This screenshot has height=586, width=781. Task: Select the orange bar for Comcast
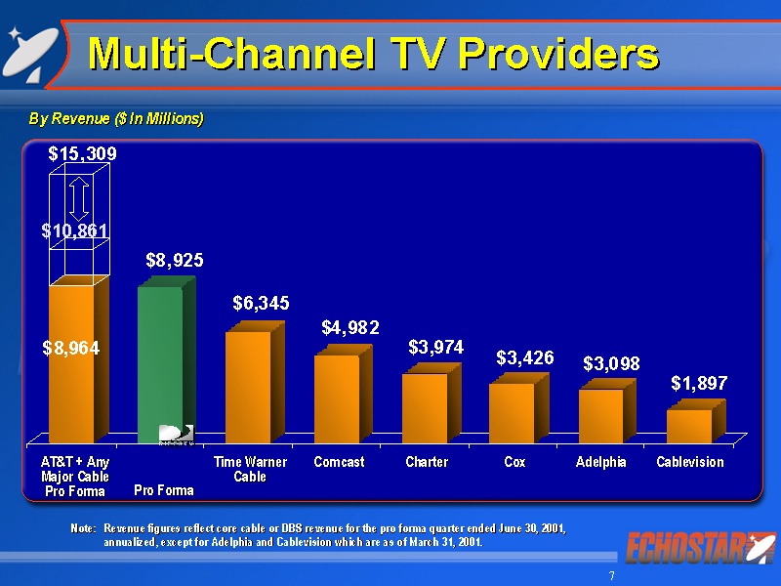tap(337, 398)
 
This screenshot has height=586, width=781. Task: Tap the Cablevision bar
tap(689, 426)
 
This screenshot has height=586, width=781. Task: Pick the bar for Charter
tap(425, 407)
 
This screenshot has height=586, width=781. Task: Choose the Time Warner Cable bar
tap(248, 386)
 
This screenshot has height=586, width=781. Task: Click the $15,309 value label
tap(83, 153)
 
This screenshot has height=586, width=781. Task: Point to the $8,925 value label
tap(175, 260)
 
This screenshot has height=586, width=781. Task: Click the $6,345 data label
tap(261, 304)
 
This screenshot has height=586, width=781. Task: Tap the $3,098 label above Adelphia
tap(611, 363)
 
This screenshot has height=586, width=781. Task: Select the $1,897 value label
tap(699, 384)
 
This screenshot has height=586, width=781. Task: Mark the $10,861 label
tap(74, 230)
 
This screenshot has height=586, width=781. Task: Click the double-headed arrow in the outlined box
tap(79, 196)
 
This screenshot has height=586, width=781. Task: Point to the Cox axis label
tap(514, 462)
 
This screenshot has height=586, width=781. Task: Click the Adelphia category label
tap(601, 462)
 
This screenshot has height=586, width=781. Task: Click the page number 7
tap(612, 576)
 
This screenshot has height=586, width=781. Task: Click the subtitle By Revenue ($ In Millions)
tap(116, 119)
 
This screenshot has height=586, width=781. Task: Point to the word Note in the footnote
tap(82, 527)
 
